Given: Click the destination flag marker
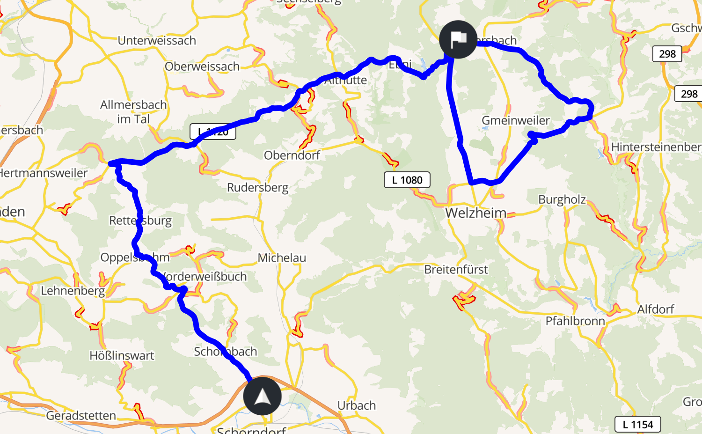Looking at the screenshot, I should click(458, 40).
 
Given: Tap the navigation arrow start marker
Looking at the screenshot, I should click(262, 396).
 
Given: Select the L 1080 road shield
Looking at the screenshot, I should click(407, 180).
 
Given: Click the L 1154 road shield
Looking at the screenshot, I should click(637, 424).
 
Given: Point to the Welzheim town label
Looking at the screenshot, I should click(475, 213).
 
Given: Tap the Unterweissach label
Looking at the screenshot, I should click(157, 41).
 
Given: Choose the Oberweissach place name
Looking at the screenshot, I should click(202, 66).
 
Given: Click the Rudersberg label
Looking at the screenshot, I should click(257, 188).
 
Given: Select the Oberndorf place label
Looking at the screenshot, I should click(292, 155).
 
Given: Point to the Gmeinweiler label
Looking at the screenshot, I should click(515, 120).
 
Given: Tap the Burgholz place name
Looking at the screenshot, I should click(562, 199).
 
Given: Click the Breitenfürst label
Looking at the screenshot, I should click(456, 270).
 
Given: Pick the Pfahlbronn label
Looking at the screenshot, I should click(575, 321).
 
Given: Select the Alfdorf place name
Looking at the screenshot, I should click(655, 309).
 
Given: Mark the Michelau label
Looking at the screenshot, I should click(282, 257).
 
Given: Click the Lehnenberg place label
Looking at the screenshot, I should click(73, 291).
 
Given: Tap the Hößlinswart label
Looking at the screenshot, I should click(122, 356).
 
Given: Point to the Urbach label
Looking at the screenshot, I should click(357, 405).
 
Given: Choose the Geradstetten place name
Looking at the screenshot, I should click(81, 415).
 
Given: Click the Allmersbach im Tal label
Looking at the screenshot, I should click(133, 111).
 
